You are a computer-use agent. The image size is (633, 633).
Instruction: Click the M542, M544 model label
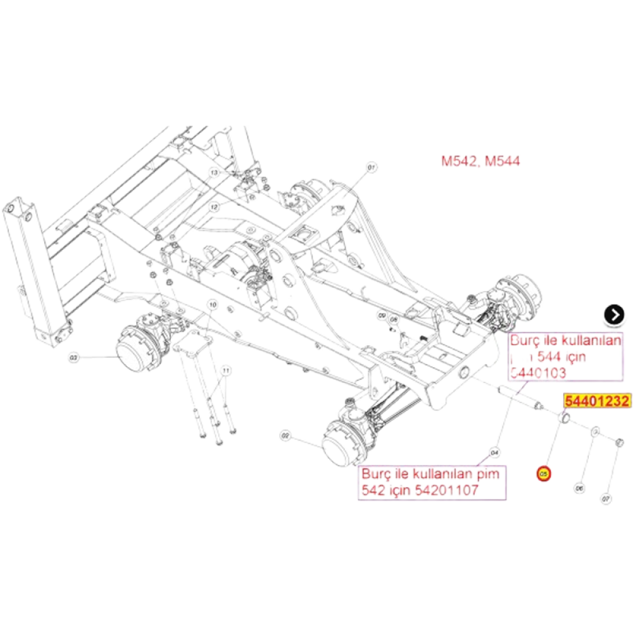481,161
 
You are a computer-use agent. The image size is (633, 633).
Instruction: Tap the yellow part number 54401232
598,401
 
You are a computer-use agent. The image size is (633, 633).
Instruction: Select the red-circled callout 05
542,473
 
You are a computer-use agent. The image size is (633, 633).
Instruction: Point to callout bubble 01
372,167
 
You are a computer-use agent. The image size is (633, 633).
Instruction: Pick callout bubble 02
285,436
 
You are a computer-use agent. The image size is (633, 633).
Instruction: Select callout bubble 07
606,498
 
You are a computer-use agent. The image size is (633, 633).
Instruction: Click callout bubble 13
215,172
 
